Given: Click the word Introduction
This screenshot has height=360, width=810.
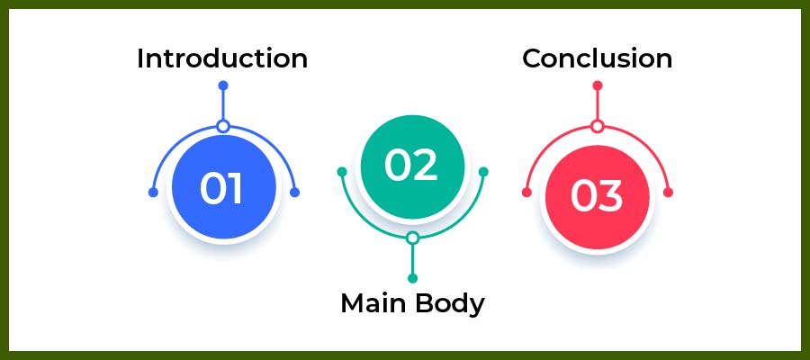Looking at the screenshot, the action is tap(222, 58).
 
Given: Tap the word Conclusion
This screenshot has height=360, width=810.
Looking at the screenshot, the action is tap(598, 58).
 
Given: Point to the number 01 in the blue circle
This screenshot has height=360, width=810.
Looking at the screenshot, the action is tap(221, 189).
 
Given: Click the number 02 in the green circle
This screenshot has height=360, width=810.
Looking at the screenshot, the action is tap(411, 166).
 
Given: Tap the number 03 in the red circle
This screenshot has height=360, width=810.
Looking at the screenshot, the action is tap(597, 196).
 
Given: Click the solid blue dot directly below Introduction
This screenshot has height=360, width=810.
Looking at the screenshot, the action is tap(223, 85).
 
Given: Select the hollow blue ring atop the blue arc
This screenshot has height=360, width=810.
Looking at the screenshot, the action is tap(223, 126).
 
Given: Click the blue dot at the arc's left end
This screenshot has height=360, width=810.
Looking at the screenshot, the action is tap(153, 192).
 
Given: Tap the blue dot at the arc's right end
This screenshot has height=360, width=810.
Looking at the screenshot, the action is tap(294, 192).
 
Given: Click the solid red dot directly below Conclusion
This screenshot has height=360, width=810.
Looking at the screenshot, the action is tap(598, 85).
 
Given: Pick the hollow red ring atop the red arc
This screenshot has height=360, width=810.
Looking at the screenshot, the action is tap(598, 126).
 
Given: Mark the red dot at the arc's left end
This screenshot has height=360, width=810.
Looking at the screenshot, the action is tap(526, 192).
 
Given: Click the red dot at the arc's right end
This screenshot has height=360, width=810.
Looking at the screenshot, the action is tap(668, 192).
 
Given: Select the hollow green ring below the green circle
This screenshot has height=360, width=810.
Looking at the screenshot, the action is tap(412, 238).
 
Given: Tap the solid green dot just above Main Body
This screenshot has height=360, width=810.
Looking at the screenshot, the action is tap(412, 278).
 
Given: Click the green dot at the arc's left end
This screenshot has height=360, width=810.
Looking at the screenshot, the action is tap(341, 172).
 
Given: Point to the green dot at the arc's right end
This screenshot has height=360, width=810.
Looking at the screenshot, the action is tap(483, 172).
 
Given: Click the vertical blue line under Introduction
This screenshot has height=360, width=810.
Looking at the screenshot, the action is tap(223, 105).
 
